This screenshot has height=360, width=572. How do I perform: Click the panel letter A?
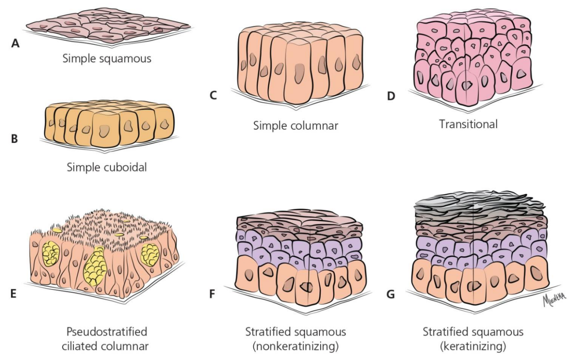(15, 44)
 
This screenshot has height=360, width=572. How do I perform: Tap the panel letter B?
(15, 139)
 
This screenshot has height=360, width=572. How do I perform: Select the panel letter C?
(213, 95)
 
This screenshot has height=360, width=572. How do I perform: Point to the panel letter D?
(391, 96)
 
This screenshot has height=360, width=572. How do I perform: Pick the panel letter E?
(13, 294)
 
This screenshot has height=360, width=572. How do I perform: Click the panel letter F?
(212, 294)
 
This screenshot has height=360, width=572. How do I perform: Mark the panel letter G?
(391, 294)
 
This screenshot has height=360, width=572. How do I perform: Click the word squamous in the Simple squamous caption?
(125, 59)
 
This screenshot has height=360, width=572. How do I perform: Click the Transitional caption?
(468, 124)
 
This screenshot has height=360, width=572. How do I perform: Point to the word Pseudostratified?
(107, 332)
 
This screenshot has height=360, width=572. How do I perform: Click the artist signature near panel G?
(554, 299)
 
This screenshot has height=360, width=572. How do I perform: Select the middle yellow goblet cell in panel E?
(95, 266)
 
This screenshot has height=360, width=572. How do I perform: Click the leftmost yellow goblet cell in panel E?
(51, 253)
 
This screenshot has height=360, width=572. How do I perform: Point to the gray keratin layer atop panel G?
(480, 207)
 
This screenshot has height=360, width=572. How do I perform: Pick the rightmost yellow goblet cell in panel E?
(150, 255)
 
